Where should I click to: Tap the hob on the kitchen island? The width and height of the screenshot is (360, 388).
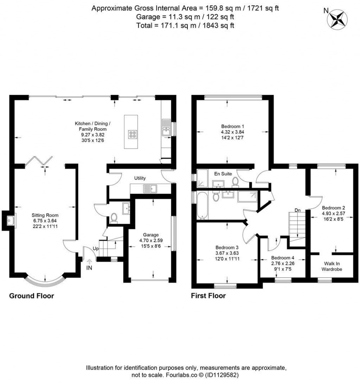(133, 134)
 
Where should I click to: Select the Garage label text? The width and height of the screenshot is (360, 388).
(151, 235)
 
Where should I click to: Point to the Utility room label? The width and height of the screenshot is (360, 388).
(140, 179)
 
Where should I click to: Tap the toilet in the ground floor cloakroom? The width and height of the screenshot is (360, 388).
(114, 218)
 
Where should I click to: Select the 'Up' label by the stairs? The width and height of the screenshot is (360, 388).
(96, 248)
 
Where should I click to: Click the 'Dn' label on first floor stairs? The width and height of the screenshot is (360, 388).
(297, 210)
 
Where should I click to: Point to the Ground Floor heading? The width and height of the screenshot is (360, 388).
(31, 296)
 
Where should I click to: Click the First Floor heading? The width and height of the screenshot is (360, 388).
(208, 296)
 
